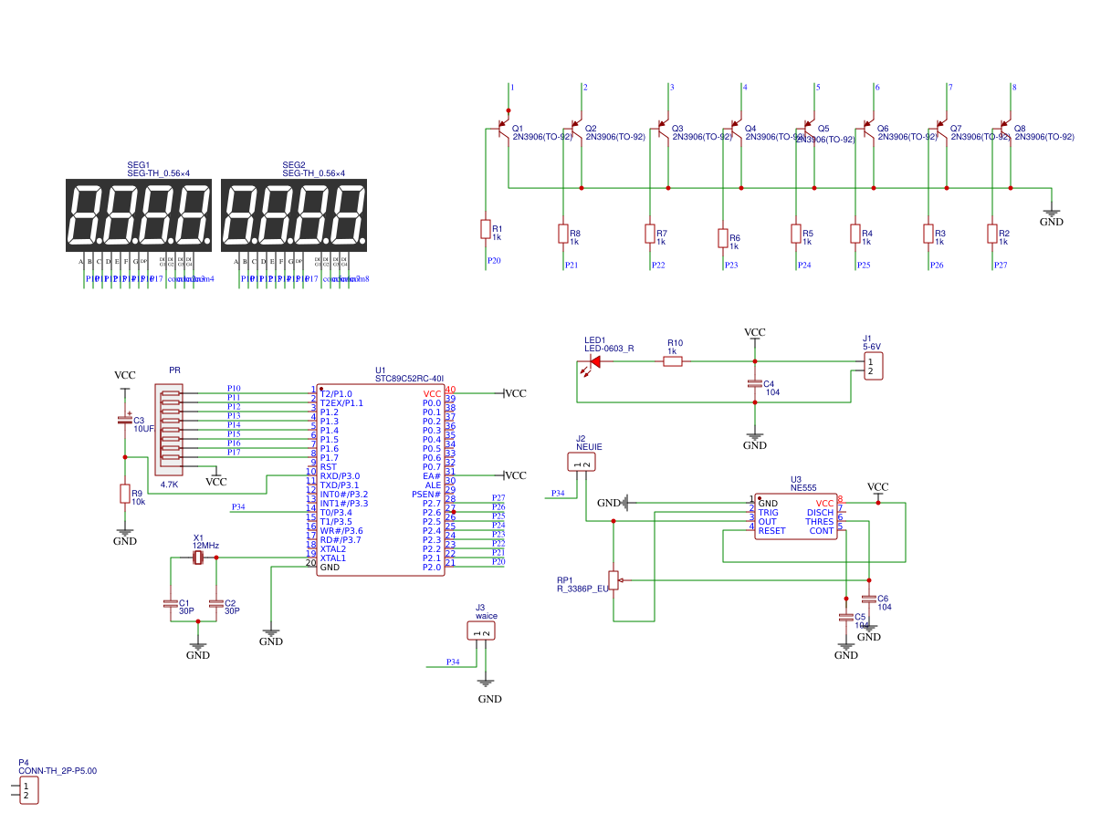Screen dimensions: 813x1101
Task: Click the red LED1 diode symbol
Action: coord(594,361)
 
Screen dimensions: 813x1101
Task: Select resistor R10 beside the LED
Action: coord(673,361)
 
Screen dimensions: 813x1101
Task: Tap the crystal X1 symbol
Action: coord(197,558)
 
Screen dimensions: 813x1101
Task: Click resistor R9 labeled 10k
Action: coord(125,494)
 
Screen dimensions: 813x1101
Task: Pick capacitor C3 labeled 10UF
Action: coord(125,421)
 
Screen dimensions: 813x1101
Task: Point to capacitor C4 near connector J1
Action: coord(755,383)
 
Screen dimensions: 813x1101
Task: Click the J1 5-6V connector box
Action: coord(874,367)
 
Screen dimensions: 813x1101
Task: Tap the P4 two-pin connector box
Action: coord(26,790)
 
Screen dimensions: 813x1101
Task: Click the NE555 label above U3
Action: coord(803,488)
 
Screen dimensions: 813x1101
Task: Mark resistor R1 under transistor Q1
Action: coord(486,229)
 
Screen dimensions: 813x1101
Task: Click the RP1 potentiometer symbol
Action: coord(614,579)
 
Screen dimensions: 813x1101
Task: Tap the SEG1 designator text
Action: coord(139,165)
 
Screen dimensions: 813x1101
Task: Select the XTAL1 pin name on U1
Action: coord(333,558)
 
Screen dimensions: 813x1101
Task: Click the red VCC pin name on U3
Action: coord(824,503)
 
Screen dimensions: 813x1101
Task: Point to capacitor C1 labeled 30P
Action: coord(170,603)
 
